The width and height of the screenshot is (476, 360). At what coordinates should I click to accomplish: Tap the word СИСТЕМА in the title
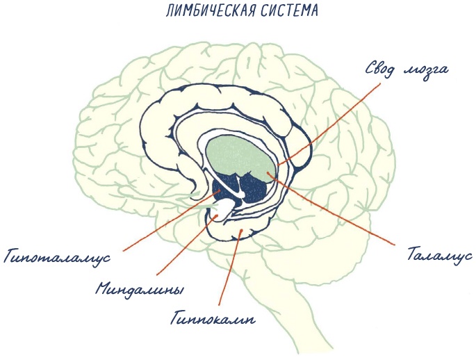281,13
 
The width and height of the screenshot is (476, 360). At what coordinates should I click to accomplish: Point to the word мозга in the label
427,72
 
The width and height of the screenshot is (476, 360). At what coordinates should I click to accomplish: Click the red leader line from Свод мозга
334,122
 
